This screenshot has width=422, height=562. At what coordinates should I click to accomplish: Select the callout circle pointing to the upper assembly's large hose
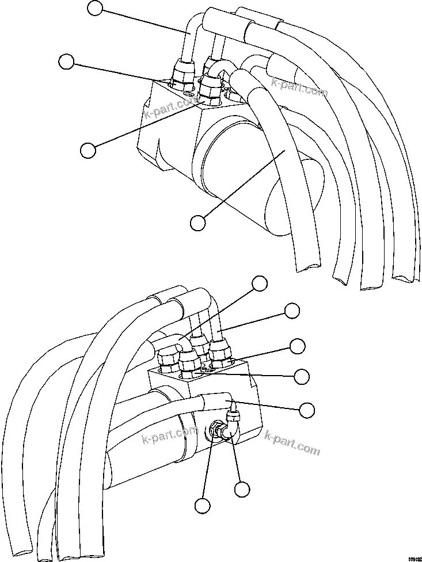197,222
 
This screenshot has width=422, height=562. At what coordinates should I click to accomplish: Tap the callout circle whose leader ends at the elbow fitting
242,489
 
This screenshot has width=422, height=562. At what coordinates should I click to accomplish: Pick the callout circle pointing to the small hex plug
202,506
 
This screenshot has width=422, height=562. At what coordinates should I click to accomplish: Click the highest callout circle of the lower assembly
260,282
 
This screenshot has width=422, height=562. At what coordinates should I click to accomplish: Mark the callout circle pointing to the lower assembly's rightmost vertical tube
292,311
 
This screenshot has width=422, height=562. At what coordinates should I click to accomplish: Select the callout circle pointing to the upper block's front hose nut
88,150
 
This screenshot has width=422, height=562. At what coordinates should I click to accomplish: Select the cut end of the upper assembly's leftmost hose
309,265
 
